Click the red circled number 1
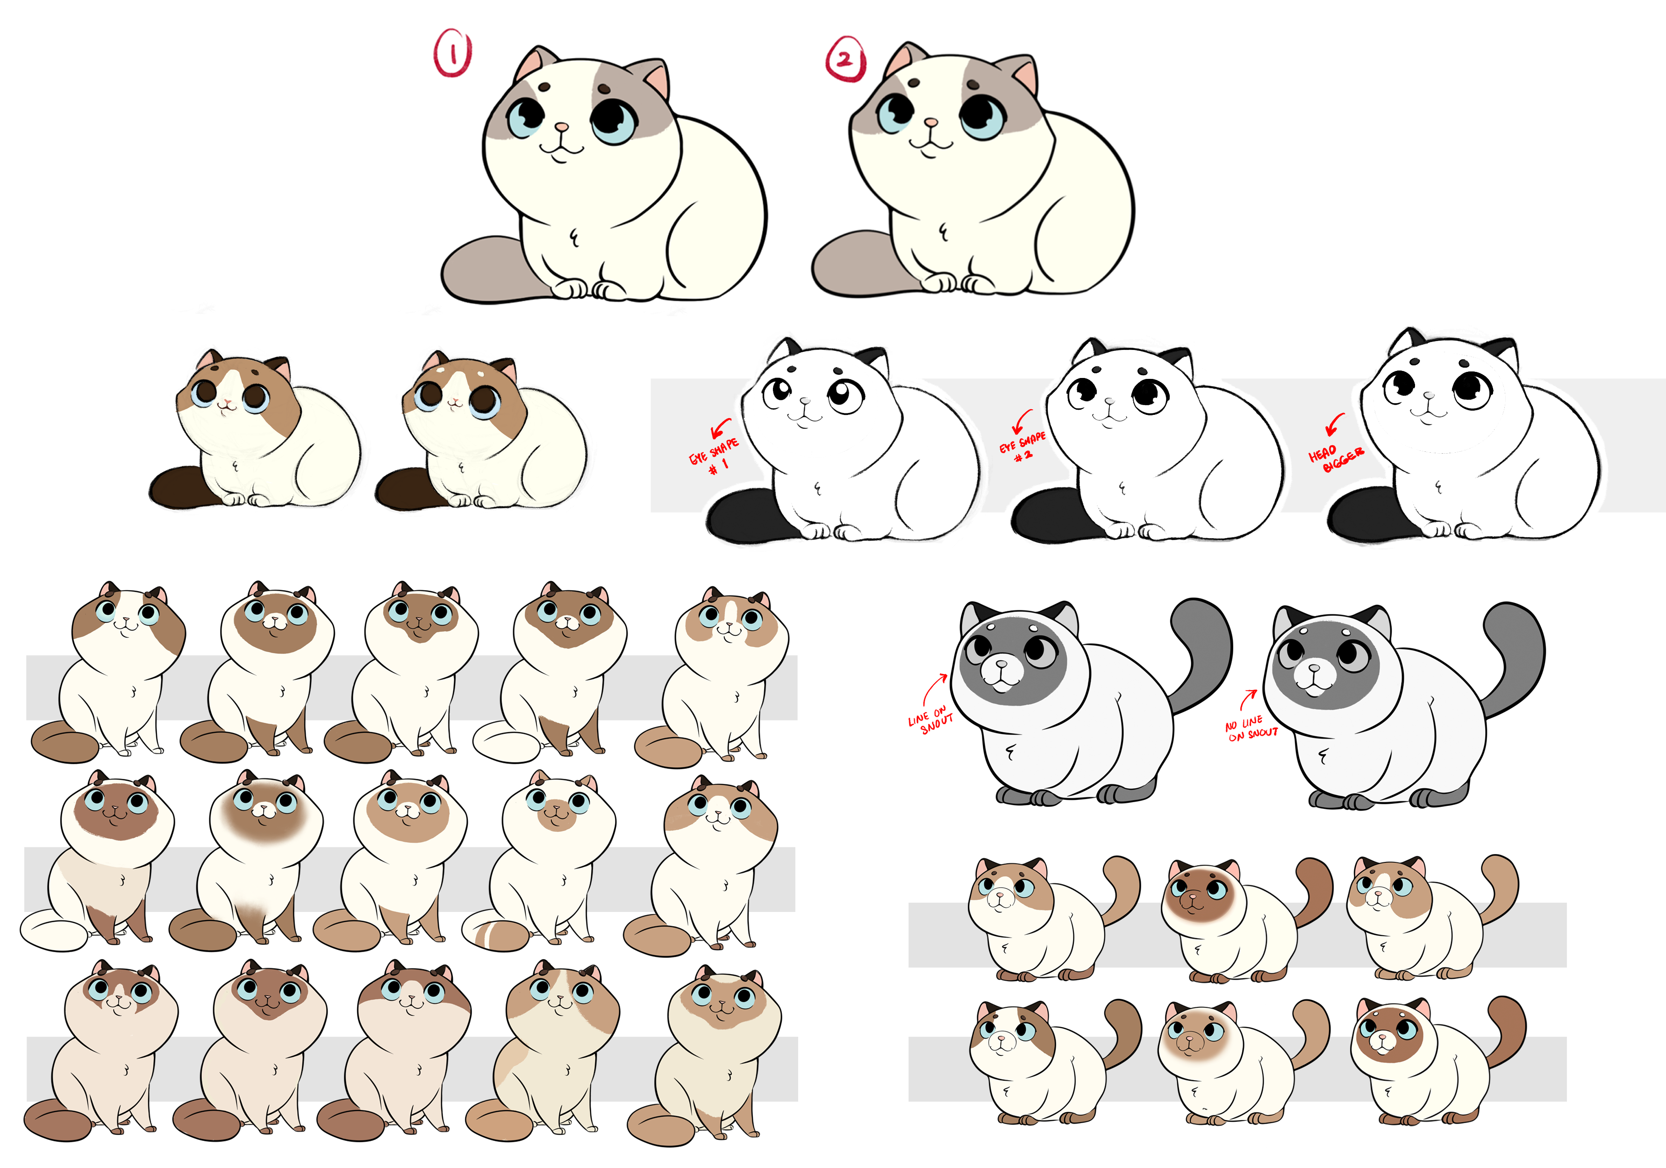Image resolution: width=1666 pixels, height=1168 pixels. [453, 52]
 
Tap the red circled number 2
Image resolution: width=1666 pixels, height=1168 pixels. [845, 59]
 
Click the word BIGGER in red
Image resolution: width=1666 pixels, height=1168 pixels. [1343, 460]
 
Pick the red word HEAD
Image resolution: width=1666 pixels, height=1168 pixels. [1322, 453]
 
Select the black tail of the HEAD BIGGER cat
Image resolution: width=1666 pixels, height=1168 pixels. [1364, 513]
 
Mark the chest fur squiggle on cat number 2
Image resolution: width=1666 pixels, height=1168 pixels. [944, 232]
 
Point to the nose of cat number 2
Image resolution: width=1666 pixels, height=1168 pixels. [931, 122]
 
